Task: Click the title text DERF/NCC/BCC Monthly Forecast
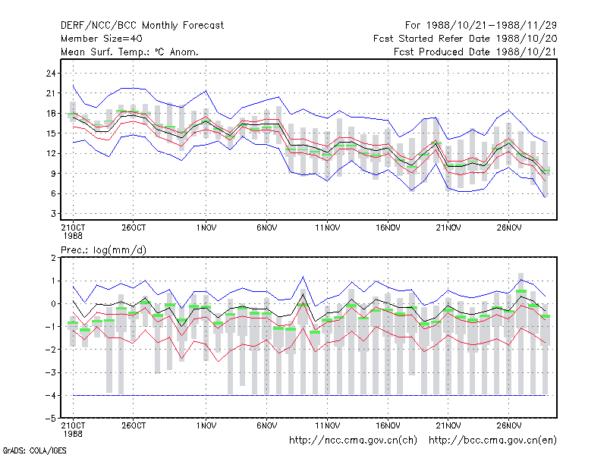[x=142, y=26]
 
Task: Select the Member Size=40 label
[x=102, y=39]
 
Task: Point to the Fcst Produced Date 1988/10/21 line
[x=475, y=52]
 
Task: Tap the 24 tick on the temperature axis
[x=51, y=73]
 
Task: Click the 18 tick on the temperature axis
[x=51, y=113]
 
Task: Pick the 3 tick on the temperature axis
[x=53, y=214]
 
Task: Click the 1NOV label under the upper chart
[x=206, y=227]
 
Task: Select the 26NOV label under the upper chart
[x=508, y=227]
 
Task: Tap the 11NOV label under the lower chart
[x=327, y=425]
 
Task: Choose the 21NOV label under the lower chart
[x=448, y=425]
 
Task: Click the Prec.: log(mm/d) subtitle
[x=103, y=250]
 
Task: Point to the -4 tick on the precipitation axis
[x=50, y=395]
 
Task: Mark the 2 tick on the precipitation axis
[x=53, y=258]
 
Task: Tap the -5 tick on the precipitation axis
[x=50, y=419]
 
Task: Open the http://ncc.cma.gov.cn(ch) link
[x=353, y=441]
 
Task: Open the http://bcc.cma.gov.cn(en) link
[x=492, y=441]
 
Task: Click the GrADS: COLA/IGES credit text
[x=34, y=450]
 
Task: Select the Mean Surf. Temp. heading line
[x=130, y=52]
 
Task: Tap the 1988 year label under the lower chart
[x=73, y=434]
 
